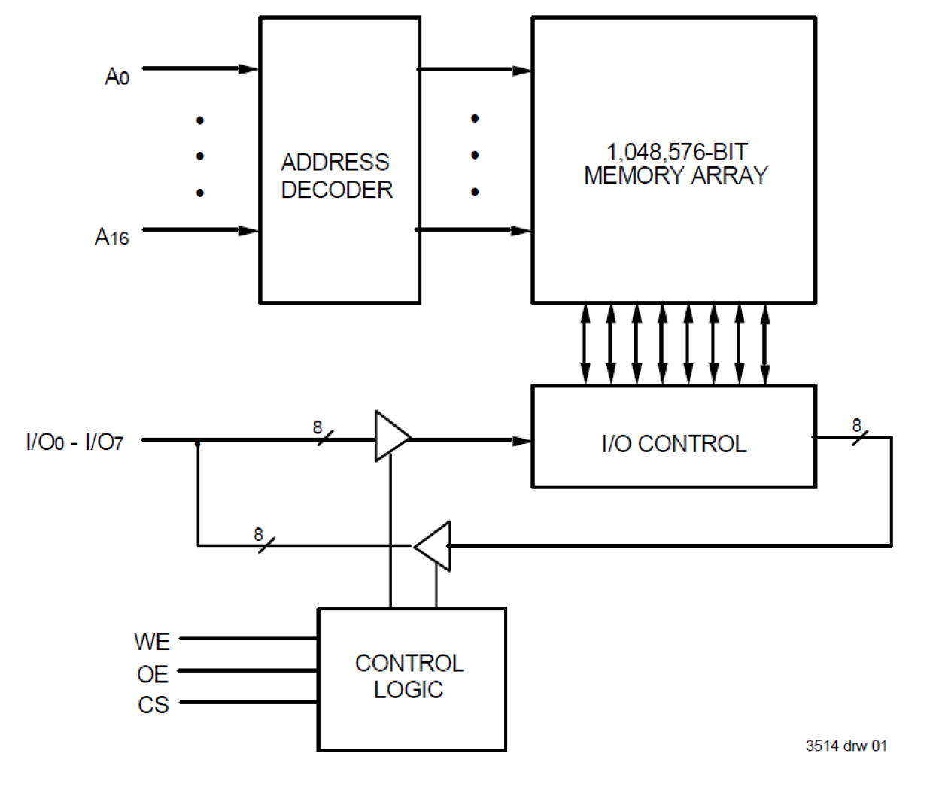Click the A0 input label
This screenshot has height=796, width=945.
click(x=117, y=77)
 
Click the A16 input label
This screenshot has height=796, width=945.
click(x=111, y=237)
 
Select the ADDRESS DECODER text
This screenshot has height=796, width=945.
click(x=336, y=176)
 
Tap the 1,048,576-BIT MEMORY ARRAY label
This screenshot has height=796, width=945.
click(x=675, y=164)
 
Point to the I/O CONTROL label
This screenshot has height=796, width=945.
click(x=673, y=444)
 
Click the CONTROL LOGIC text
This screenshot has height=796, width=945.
click(x=409, y=676)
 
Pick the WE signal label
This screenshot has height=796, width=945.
click(x=152, y=642)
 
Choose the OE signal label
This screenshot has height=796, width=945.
click(x=152, y=674)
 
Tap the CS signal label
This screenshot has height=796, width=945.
click(x=153, y=705)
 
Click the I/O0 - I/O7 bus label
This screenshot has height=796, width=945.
click(x=74, y=442)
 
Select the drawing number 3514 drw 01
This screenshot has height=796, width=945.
click(x=846, y=746)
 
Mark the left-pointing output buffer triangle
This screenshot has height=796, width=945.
click(x=434, y=545)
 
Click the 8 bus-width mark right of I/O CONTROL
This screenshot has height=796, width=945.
click(x=856, y=426)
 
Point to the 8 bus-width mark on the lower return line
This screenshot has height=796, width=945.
click(x=258, y=535)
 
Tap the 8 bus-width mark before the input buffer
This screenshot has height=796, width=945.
click(x=318, y=427)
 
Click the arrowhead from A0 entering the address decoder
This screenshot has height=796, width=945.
click(x=248, y=69)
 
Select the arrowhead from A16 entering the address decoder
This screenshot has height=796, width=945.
click(x=248, y=230)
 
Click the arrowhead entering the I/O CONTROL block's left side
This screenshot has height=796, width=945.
click(x=521, y=440)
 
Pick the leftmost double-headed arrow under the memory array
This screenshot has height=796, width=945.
click(x=585, y=345)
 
